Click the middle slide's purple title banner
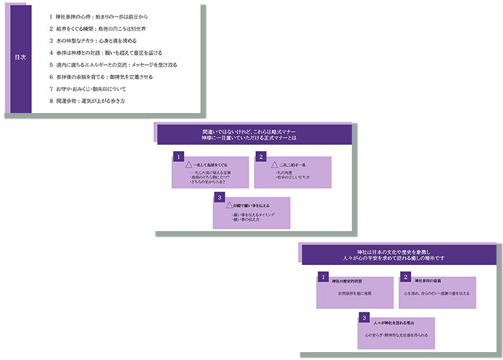(254, 135)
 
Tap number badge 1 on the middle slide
(178, 156)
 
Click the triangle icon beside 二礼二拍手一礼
(274, 165)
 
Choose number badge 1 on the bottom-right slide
(322, 276)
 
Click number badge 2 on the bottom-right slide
(406, 276)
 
